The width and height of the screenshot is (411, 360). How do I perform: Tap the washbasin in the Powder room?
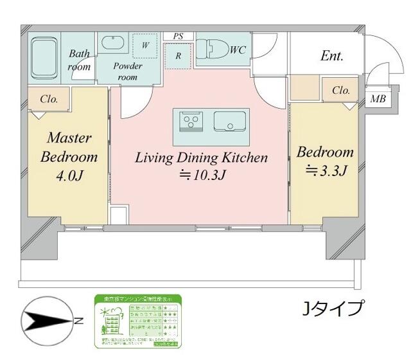point(116,44)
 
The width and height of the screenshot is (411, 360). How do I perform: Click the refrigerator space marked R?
point(178,56)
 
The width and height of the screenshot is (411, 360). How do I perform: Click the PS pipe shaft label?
point(178,36)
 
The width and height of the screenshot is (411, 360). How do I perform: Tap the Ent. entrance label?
point(332,56)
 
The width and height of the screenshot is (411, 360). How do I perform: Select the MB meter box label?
point(378,99)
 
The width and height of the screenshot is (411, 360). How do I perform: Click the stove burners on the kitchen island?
point(191,120)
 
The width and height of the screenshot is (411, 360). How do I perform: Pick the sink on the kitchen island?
point(228,120)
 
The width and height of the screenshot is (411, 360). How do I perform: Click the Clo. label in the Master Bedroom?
point(49,99)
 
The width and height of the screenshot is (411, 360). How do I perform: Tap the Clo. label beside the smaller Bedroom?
point(340,91)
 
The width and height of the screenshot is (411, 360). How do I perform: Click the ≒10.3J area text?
point(201,174)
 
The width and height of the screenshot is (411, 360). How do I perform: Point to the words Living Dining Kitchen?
point(200,157)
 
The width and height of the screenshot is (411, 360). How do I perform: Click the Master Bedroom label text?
point(69,148)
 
